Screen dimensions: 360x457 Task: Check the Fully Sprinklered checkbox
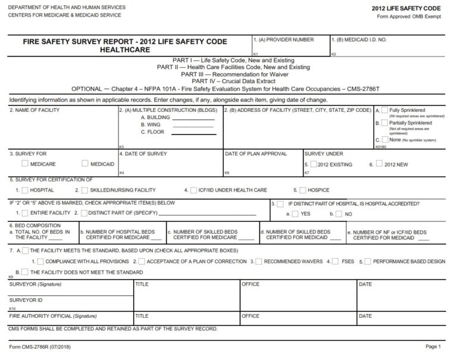tap(385, 111)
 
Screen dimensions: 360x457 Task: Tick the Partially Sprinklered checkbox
tap(385, 123)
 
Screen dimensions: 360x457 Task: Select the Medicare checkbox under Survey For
tap(24, 164)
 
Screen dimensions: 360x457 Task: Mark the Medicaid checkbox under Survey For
tap(84, 164)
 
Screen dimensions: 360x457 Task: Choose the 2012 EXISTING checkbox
tap(313, 164)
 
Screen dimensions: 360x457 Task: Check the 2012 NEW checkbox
tap(379, 164)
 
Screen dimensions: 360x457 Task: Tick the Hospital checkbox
tap(24, 190)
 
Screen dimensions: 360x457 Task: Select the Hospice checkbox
tap(302, 190)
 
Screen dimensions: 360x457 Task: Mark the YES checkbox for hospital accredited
tap(295, 213)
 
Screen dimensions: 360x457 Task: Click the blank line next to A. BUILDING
tap(193, 118)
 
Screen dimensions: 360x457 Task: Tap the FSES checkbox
tap(336, 261)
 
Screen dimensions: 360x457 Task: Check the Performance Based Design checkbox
tap(368, 261)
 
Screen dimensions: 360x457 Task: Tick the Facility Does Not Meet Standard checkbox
tap(24, 272)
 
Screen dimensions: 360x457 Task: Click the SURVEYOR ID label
tap(26, 300)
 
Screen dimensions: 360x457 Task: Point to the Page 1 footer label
tap(432, 346)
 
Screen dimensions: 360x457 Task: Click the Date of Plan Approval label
tap(249, 154)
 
